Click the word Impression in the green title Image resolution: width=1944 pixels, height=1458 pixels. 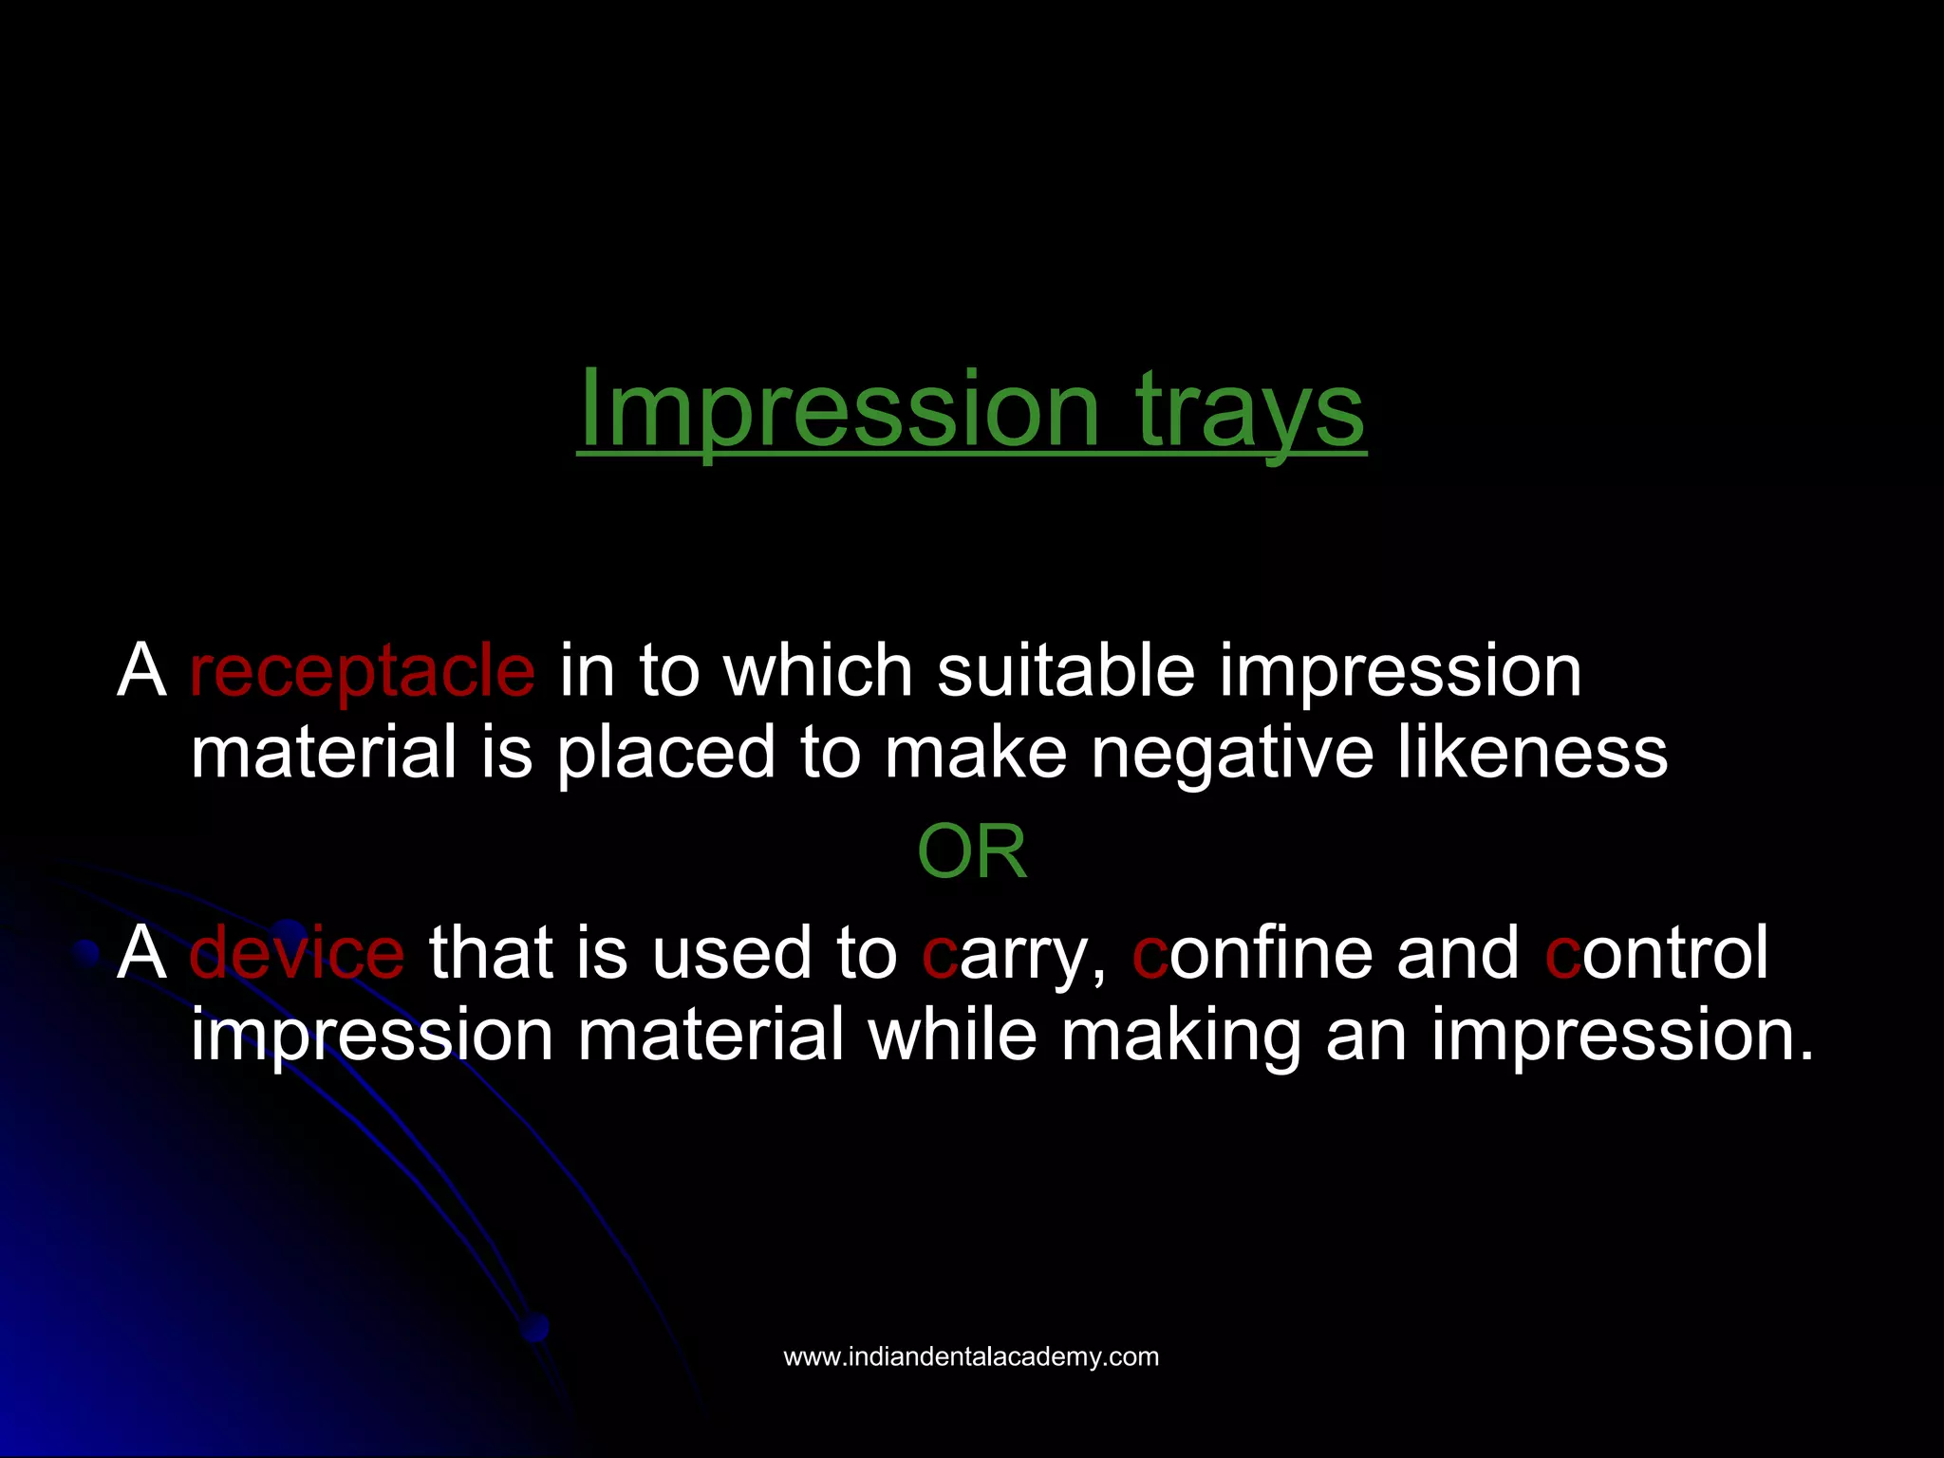pos(839,410)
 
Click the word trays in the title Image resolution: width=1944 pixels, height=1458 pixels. pos(1250,410)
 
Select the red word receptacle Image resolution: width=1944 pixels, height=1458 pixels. pos(362,671)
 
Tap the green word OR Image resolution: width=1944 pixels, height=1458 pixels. pos(971,851)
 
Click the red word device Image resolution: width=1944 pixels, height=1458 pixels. pos(297,952)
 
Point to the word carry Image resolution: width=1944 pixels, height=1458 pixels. pos(1014,954)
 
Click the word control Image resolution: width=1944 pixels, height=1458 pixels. pos(1657,952)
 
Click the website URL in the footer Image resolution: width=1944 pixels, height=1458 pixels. pos(971,1356)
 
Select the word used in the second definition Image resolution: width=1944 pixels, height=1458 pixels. pos(732,952)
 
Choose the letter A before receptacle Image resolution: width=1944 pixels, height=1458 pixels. pos(141,671)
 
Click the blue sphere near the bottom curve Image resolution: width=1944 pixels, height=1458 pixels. pos(535,1327)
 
